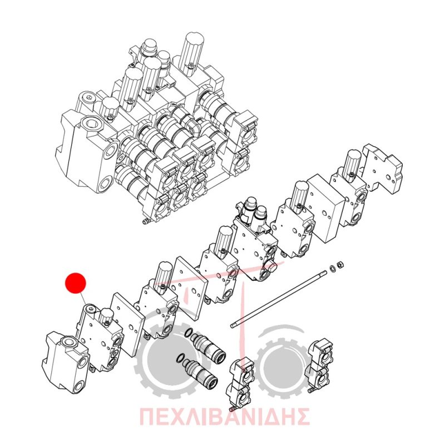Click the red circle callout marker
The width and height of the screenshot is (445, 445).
[x=76, y=283]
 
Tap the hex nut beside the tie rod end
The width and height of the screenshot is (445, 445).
[x=339, y=265]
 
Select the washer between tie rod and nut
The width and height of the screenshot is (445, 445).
[x=332, y=268]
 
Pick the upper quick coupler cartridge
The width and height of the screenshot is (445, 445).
[x=209, y=346]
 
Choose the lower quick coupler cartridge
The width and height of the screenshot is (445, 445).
[x=200, y=371]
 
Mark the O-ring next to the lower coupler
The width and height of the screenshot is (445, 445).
[x=180, y=358]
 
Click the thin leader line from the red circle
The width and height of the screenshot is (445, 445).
[x=82, y=298]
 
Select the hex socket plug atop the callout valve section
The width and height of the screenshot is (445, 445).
[x=91, y=309]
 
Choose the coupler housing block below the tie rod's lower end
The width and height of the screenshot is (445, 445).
[x=240, y=383]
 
